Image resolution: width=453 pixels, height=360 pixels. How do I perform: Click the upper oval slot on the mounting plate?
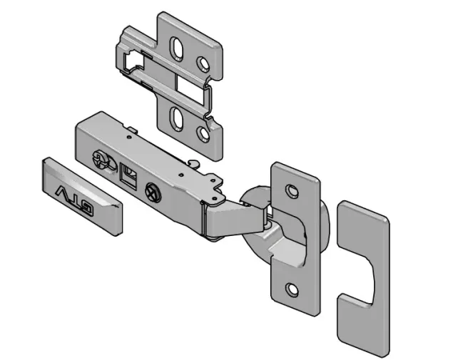pyautogui.click(x=176, y=48)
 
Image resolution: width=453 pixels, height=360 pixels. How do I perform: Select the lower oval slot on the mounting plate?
pyautogui.click(x=176, y=118)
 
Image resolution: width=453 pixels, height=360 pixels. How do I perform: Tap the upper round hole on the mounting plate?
pyautogui.click(x=203, y=63)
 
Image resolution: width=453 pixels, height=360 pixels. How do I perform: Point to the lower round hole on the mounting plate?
pyautogui.click(x=203, y=134)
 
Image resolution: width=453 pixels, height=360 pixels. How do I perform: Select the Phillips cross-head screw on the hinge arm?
pyautogui.click(x=153, y=192)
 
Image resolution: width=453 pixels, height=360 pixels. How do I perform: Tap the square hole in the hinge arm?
pyautogui.click(x=128, y=176)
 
